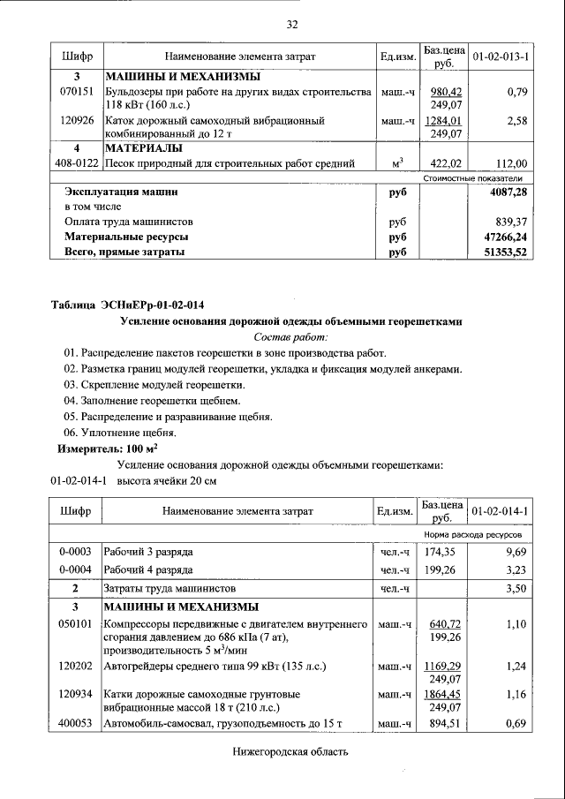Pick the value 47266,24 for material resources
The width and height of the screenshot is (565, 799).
[x=506, y=237]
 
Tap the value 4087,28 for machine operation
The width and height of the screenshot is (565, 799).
[x=508, y=191]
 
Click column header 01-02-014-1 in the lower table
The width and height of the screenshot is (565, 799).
[x=500, y=511]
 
